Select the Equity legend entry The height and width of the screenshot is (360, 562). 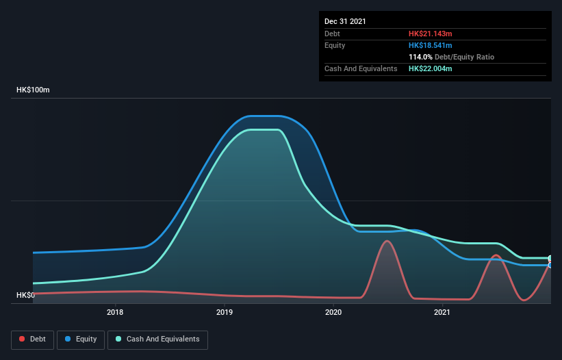pos(81,339)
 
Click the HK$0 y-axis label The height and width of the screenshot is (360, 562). pos(26,295)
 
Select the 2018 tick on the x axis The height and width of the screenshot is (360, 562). pos(115,313)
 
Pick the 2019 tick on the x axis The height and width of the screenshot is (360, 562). pos(225,313)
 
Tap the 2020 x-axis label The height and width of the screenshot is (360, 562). pos(333,313)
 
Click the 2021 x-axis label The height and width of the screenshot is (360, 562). pos(442,313)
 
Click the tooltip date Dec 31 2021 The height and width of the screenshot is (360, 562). pos(345,21)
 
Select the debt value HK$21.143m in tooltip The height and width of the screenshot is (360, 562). pos(431,34)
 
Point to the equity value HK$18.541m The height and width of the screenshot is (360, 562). pos(431,45)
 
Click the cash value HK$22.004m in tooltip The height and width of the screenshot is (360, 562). pos(431,68)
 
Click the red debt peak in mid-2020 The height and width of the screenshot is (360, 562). pos(387,241)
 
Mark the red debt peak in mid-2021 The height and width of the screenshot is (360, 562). pos(496,255)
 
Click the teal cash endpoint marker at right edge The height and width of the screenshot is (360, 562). pos(550,258)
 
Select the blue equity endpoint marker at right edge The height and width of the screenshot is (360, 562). pos(550,265)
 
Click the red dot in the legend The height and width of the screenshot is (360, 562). pos(23,339)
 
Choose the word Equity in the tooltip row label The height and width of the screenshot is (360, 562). pos(335,45)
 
